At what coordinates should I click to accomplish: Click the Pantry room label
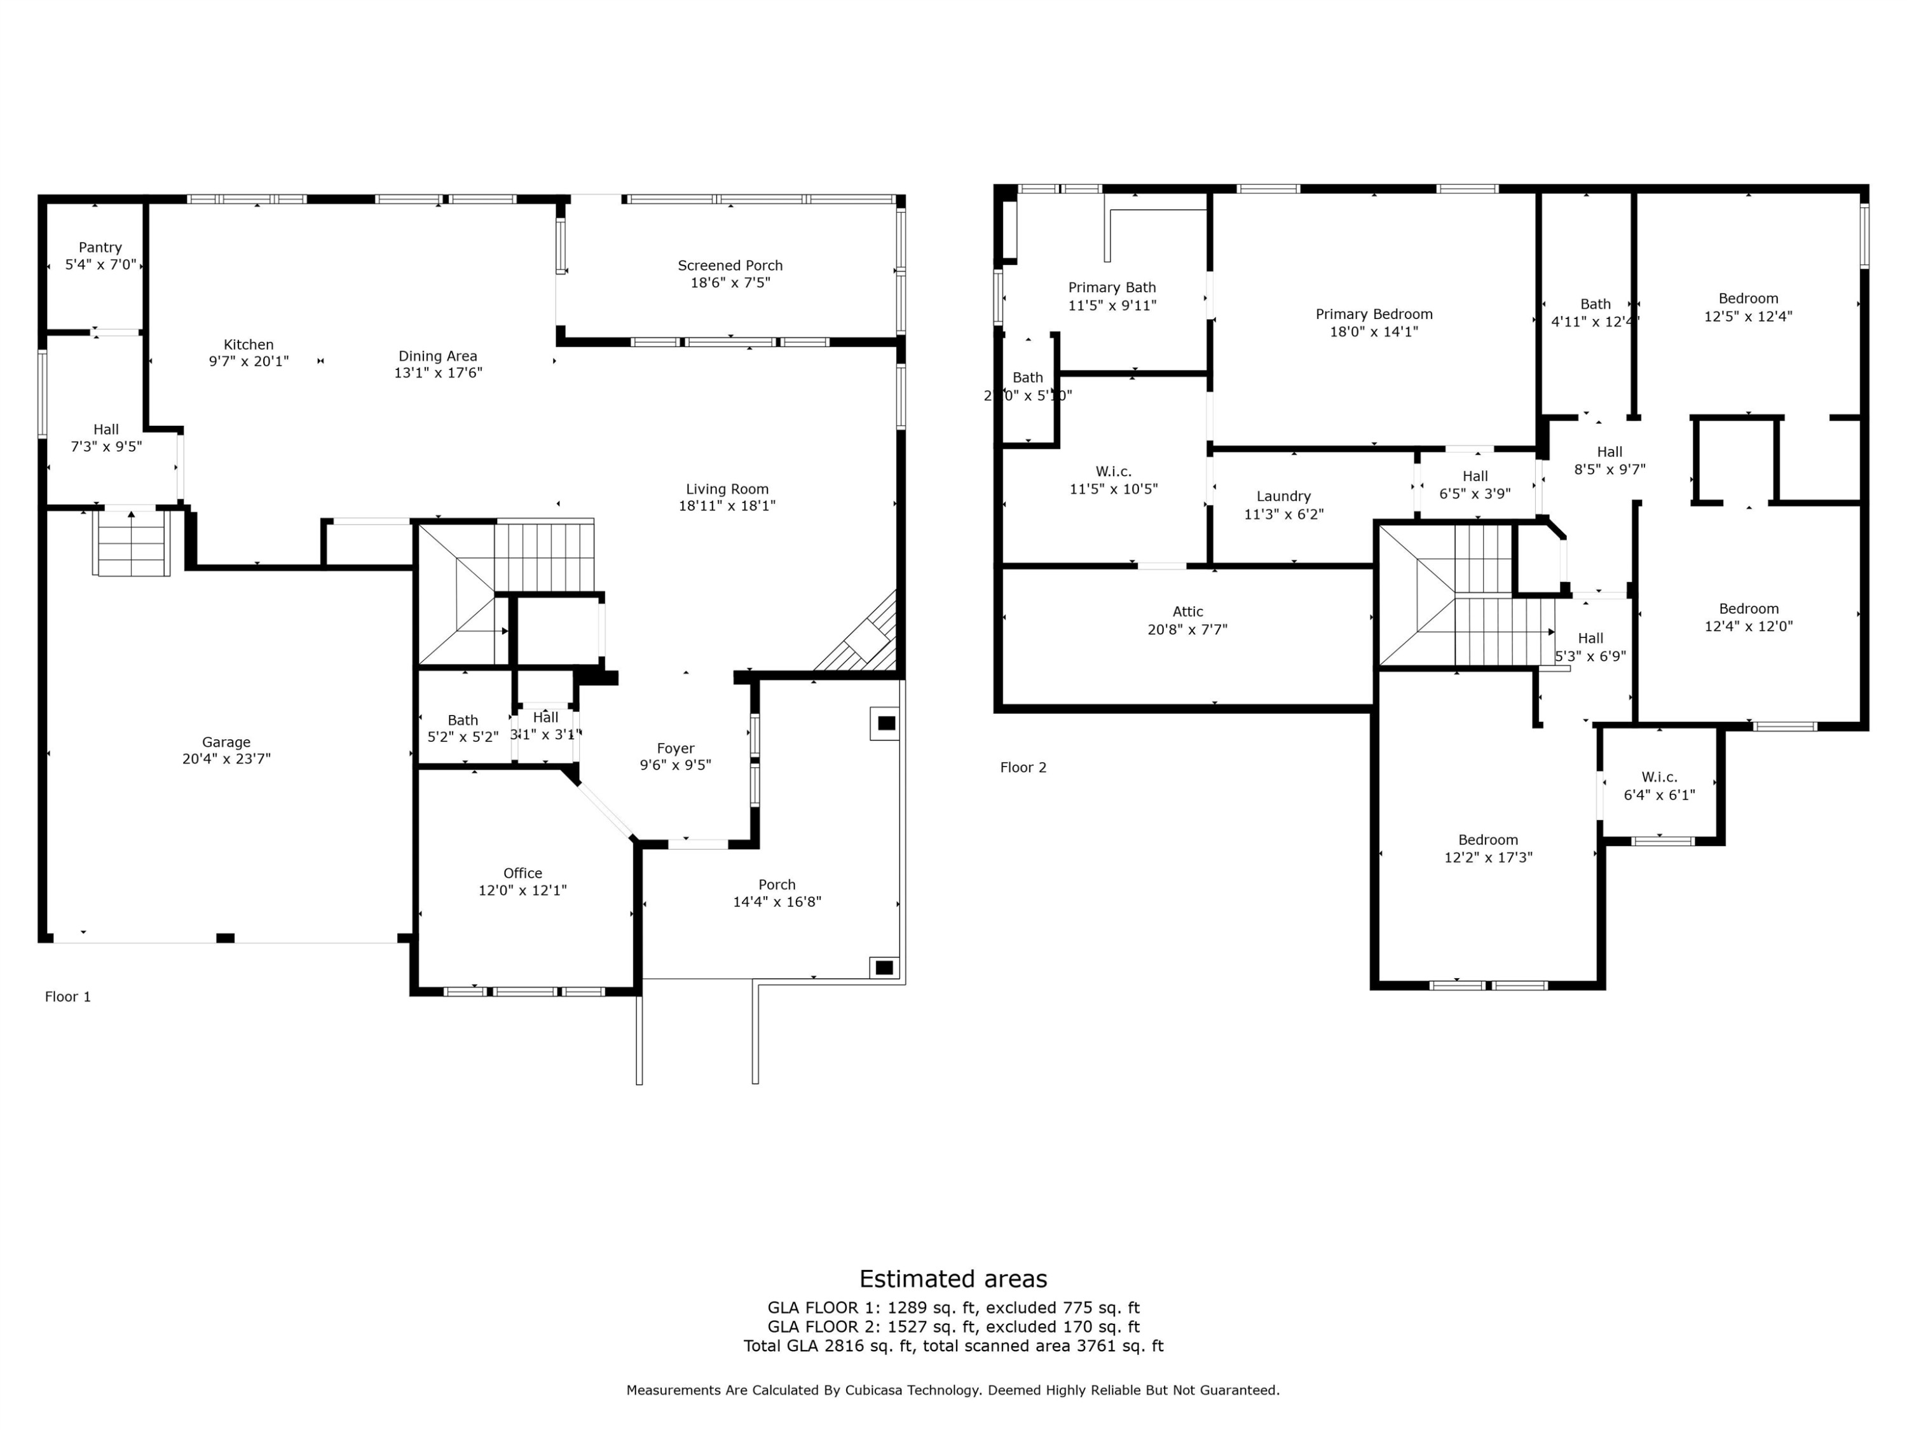pos(100,247)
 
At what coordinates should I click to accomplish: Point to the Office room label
pos(523,873)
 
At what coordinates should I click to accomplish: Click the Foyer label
pos(675,748)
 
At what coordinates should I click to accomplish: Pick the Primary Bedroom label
pos(1373,315)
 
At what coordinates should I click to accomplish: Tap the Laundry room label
pos(1283,496)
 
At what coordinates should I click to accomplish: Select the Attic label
pos(1187,612)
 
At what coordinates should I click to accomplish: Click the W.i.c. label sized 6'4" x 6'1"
pos(1658,777)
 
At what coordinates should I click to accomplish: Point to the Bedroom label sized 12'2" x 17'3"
pos(1487,840)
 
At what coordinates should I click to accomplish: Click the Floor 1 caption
pos(68,997)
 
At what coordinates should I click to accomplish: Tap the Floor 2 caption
pos(1022,767)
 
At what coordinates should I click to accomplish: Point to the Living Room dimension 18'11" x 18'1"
pos(726,506)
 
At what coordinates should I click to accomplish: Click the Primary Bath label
pos(1111,288)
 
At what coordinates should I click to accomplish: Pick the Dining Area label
pos(437,356)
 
